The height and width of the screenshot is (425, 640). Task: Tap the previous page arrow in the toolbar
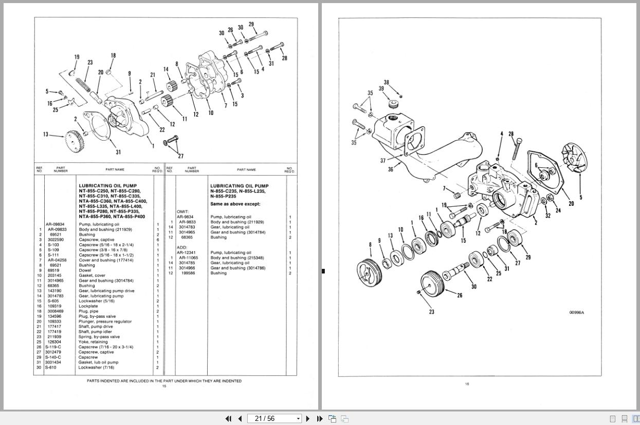click(x=240, y=418)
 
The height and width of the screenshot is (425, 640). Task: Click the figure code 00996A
click(x=576, y=313)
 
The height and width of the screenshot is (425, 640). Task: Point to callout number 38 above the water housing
click(x=387, y=82)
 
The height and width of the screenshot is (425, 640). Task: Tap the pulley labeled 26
click(x=432, y=284)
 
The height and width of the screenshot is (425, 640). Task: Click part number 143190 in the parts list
click(x=54, y=291)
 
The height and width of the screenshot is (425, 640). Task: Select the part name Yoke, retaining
click(x=93, y=342)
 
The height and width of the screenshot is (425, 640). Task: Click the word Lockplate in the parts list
click(x=88, y=306)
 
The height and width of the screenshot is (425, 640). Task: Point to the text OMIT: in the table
click(x=183, y=211)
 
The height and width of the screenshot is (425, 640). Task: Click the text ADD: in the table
click(x=182, y=247)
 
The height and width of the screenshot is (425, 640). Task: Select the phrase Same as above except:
click(x=235, y=204)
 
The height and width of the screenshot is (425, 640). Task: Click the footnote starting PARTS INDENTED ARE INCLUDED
click(x=164, y=381)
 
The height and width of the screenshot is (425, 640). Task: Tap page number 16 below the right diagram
click(x=467, y=384)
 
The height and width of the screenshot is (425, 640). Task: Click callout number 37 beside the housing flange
click(x=383, y=161)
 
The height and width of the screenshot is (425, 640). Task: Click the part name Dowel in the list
click(x=84, y=271)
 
